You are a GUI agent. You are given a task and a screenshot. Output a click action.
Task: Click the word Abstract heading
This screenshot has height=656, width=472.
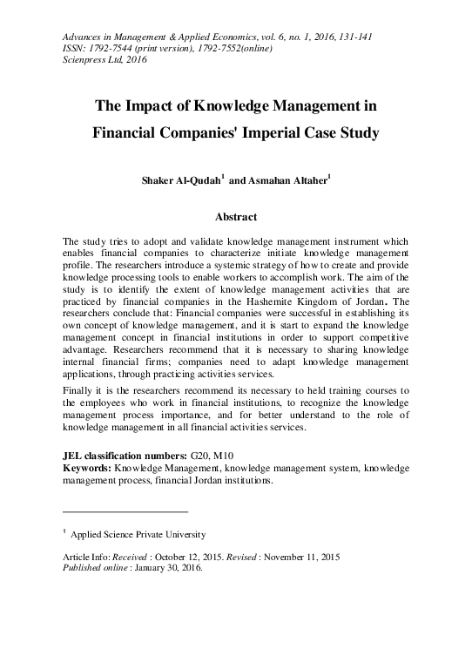click(235, 216)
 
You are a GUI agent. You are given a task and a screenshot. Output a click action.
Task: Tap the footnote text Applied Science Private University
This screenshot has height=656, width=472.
click(138, 535)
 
